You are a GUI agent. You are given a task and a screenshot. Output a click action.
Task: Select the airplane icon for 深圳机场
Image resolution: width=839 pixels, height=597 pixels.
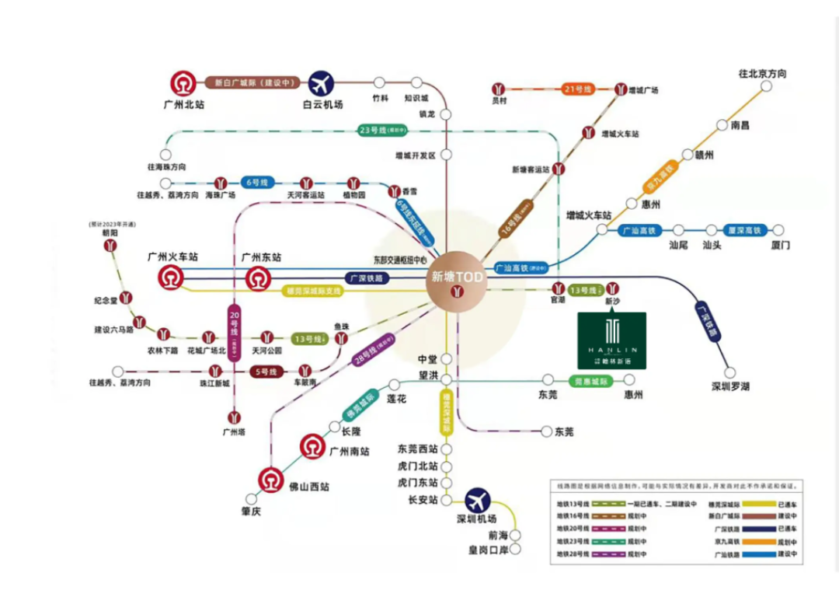[478, 501]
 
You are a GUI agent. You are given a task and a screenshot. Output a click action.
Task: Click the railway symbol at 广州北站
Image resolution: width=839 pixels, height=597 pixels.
[184, 83]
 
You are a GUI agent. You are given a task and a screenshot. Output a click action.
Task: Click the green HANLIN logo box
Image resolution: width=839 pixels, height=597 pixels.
[612, 340]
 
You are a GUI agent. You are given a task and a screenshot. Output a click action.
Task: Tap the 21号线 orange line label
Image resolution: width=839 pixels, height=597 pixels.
[577, 89]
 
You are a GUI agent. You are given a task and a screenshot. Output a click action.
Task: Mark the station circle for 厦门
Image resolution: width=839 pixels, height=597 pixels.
[778, 230]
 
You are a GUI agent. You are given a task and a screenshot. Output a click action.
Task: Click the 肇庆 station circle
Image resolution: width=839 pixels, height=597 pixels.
[249, 499]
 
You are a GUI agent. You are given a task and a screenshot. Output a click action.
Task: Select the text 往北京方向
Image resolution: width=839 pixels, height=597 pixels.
[762, 74]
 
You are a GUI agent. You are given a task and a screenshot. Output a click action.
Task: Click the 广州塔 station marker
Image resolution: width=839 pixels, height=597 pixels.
[234, 417]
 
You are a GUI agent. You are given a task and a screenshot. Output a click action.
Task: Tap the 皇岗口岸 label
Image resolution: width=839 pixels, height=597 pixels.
[487, 550]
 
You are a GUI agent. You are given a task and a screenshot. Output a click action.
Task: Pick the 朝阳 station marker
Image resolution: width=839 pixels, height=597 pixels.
[113, 246]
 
